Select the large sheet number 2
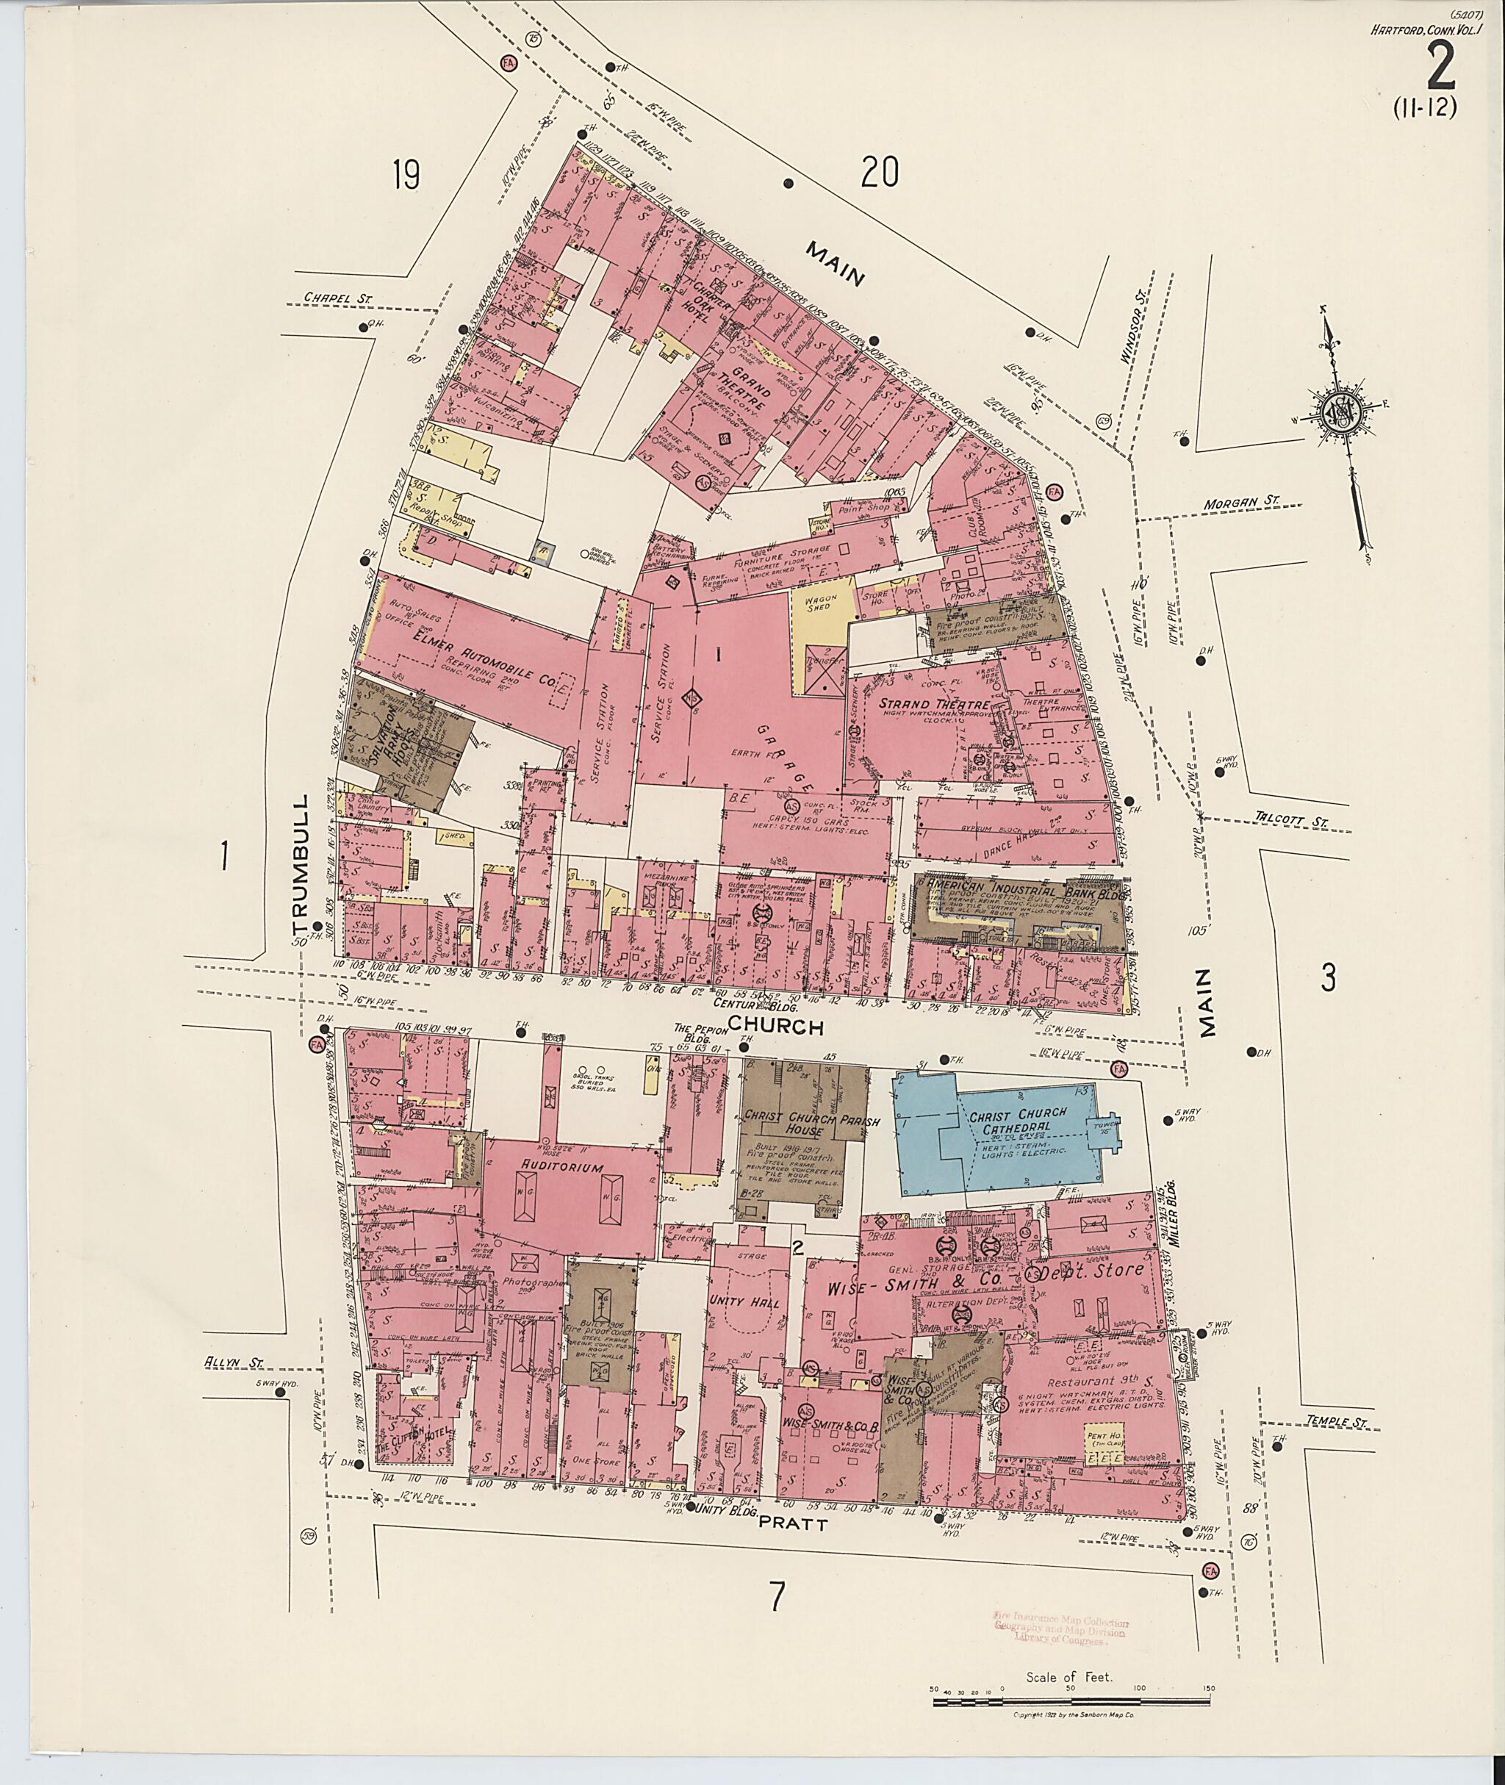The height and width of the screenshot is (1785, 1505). pyautogui.click(x=1440, y=68)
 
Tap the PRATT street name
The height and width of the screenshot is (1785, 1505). pyautogui.click(x=793, y=1524)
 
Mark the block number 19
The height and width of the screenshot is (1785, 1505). pyautogui.click(x=406, y=176)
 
